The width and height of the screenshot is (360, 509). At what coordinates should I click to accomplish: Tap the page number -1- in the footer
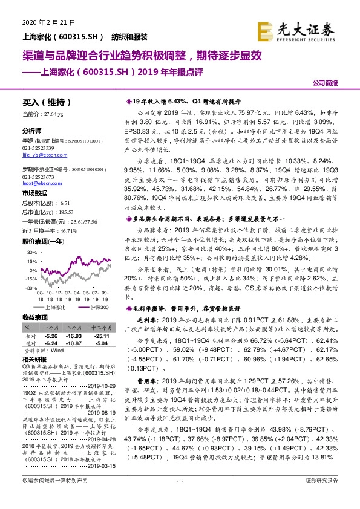click(179, 497)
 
